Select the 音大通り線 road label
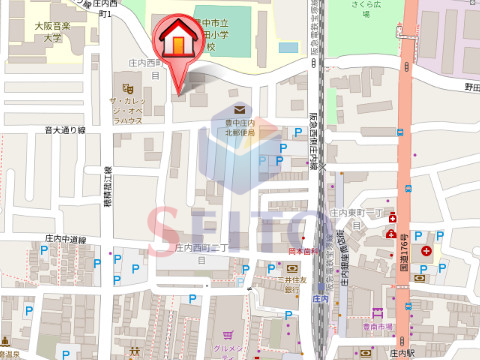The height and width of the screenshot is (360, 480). click(65, 130)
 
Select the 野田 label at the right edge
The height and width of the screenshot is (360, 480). click(471, 88)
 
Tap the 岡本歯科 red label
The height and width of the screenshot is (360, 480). click(302, 251)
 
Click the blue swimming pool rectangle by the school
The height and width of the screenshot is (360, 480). click(288, 47)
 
